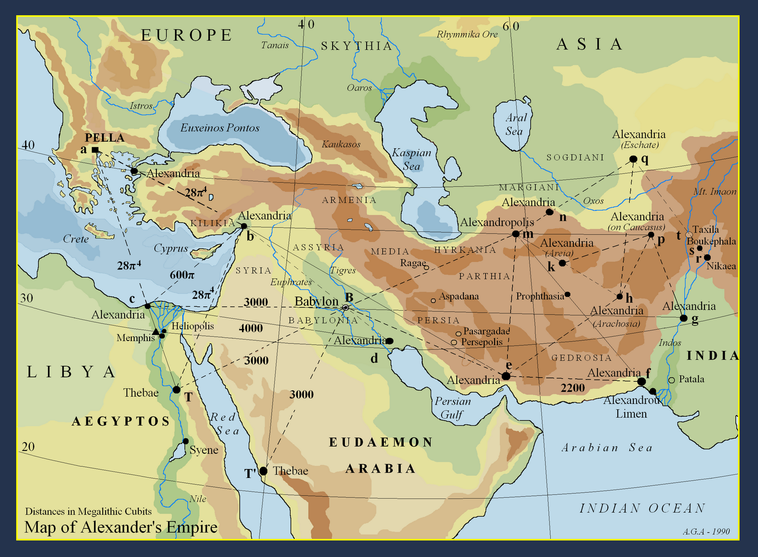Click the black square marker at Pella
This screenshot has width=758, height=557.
click(95, 150)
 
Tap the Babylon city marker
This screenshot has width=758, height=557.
click(346, 308)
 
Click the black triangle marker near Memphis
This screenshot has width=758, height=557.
click(156, 332)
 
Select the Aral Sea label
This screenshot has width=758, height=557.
click(515, 125)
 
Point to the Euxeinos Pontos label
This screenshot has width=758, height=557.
click(220, 128)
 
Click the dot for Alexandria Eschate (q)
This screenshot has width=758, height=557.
click(633, 159)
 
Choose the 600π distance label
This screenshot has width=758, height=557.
click(182, 275)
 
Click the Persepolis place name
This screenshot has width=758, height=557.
click(482, 342)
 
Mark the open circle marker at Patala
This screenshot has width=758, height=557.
click(671, 380)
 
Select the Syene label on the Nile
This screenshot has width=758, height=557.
click(204, 450)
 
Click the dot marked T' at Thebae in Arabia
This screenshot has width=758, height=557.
click(263, 471)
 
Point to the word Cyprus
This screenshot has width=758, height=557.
click(171, 249)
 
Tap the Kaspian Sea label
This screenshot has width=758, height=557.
click(411, 159)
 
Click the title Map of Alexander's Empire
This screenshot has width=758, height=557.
click(121, 527)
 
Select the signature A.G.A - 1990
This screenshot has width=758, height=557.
click(706, 532)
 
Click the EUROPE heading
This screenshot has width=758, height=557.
click(187, 35)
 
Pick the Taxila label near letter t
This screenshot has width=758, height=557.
click(705, 229)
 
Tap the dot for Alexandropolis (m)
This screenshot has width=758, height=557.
click(516, 234)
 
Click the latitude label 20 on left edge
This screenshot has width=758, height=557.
click(28, 447)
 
